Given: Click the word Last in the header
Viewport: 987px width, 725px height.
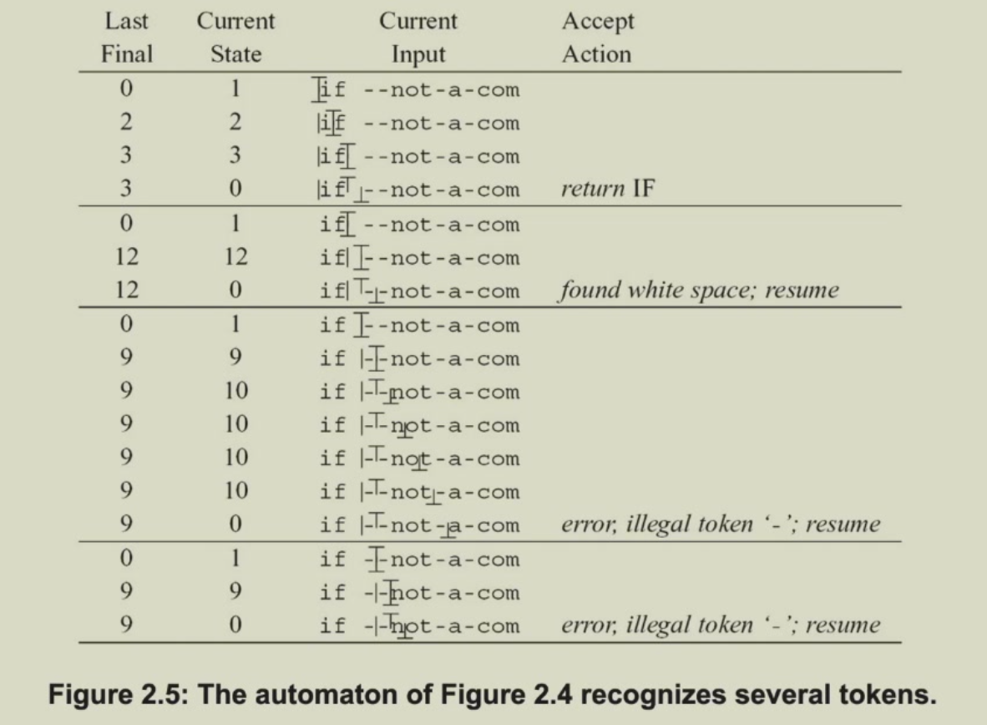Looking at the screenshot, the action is pyautogui.click(x=127, y=21).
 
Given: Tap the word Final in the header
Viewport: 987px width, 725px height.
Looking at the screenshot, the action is pyautogui.click(x=127, y=54).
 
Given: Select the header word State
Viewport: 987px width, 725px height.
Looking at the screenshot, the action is pyautogui.click(x=236, y=54).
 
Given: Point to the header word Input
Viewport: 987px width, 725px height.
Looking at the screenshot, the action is pyautogui.click(x=418, y=55).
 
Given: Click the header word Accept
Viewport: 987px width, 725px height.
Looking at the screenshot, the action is pyautogui.click(x=598, y=22).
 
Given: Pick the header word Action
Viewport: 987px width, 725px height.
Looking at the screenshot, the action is pyautogui.click(x=597, y=54).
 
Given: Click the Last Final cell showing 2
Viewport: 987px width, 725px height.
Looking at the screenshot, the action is pyautogui.click(x=127, y=121).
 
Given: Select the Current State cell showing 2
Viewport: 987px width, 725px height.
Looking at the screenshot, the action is pyautogui.click(x=235, y=121).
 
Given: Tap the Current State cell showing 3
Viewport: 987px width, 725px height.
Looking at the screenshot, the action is pyautogui.click(x=235, y=155).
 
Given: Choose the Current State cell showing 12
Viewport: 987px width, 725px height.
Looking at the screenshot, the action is pyautogui.click(x=236, y=256).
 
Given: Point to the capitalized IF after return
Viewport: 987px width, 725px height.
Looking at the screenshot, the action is pyautogui.click(x=643, y=188).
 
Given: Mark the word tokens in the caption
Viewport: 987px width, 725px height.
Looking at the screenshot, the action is pyautogui.click(x=888, y=695).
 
